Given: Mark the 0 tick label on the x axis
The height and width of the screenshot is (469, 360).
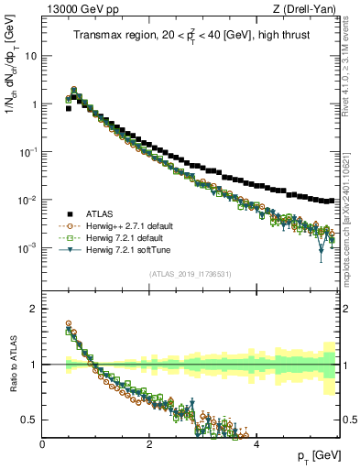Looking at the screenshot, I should tap(43, 444).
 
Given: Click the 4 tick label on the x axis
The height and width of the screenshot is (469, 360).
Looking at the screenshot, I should tap(256, 444).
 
